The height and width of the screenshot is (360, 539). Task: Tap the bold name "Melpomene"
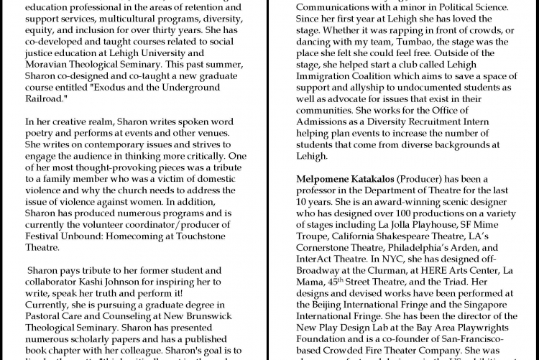pos(328,178)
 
